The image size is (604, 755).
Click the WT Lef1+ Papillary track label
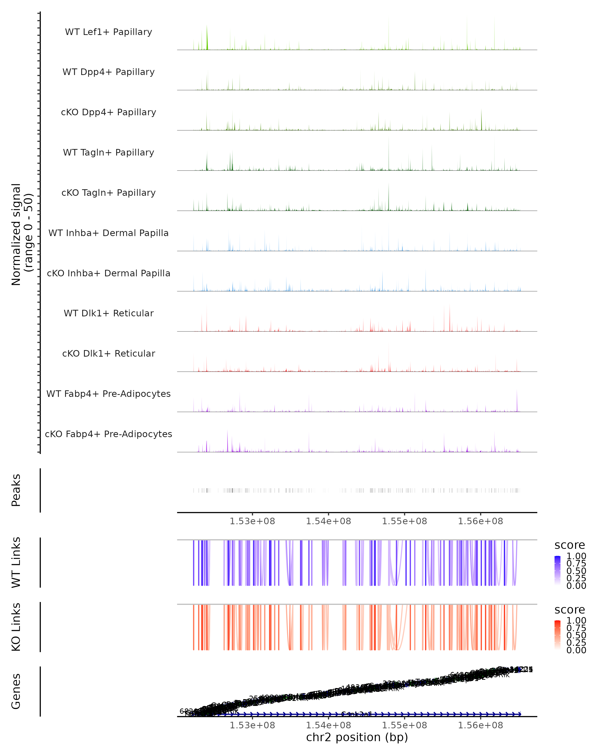coord(108,32)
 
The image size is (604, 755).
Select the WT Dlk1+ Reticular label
coord(108,313)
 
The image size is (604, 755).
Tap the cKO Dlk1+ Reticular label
coord(108,353)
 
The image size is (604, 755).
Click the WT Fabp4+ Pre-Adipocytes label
coord(108,394)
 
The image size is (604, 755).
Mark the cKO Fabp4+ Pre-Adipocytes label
coord(108,434)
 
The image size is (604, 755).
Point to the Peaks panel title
coord(16,490)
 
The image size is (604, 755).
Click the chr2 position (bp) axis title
coord(357,737)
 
